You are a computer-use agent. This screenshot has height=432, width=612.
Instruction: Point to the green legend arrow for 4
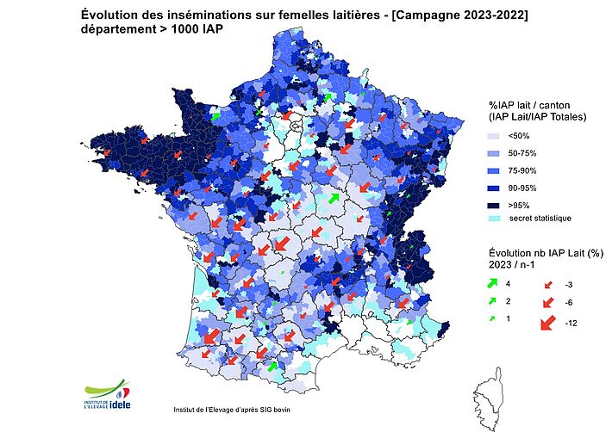click(x=494, y=283)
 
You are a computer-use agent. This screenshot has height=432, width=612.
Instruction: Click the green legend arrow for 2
click(x=494, y=301)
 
